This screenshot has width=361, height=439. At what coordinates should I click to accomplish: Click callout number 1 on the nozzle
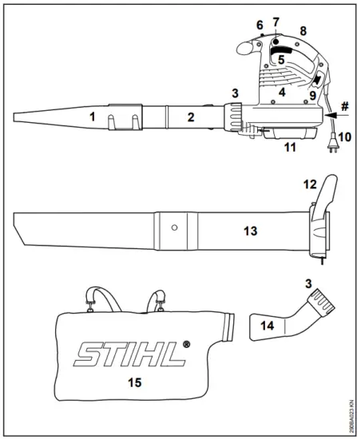(x=93, y=117)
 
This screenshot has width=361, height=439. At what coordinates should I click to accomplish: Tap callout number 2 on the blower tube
(x=190, y=117)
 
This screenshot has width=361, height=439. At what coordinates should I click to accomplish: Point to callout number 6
(x=260, y=26)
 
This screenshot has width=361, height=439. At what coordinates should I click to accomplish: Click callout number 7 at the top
(x=276, y=20)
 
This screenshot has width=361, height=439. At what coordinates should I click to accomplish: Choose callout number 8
(x=303, y=30)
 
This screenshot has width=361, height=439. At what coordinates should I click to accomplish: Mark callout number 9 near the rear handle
(x=314, y=95)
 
